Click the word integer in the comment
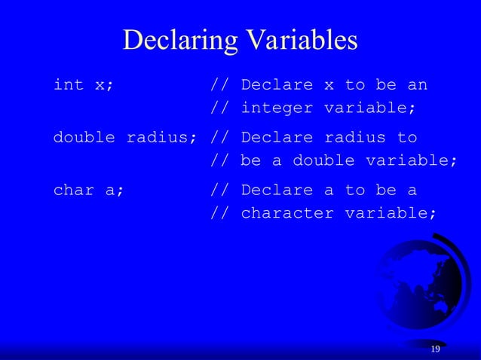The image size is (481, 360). (277, 108)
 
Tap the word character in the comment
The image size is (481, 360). (287, 213)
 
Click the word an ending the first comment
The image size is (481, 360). (417, 84)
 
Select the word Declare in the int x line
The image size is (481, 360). (277, 84)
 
